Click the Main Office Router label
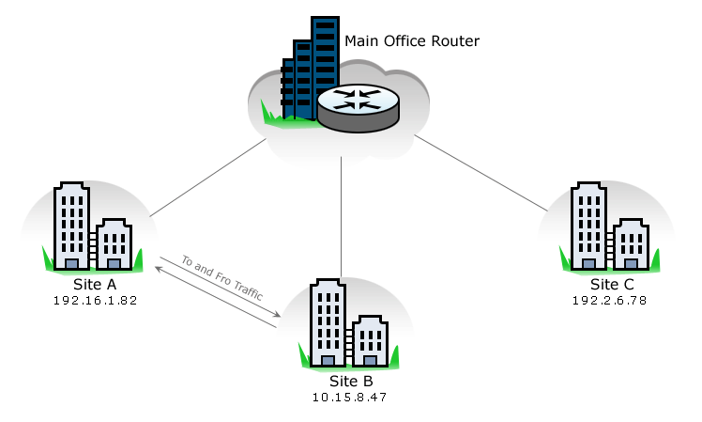412,41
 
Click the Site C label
612,283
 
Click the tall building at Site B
328,320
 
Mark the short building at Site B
370,340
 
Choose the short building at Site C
631,243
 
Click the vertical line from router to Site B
342,216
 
